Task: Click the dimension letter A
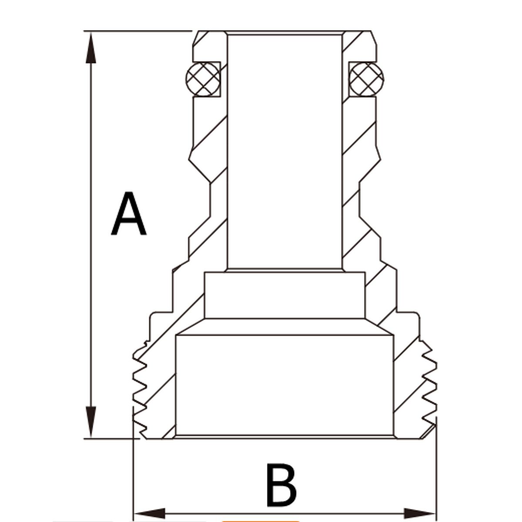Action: (128, 214)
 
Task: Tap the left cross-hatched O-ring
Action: (203, 79)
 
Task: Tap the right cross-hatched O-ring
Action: (367, 79)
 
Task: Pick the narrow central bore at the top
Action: (284, 148)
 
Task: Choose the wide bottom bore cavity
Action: (284, 385)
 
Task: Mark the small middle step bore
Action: (284, 295)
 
